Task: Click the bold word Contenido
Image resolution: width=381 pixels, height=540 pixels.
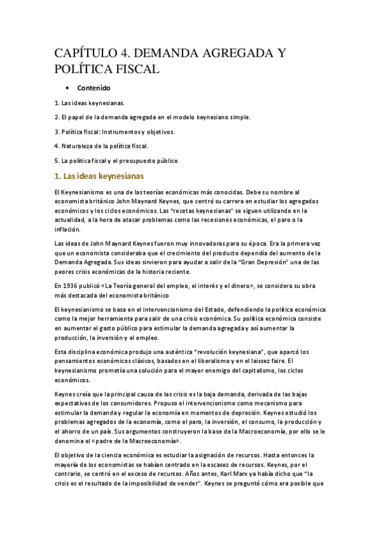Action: (x=94, y=87)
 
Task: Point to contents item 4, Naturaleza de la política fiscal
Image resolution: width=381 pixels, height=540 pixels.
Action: (x=101, y=146)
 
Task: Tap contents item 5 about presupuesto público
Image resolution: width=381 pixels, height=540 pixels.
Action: (x=116, y=161)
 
